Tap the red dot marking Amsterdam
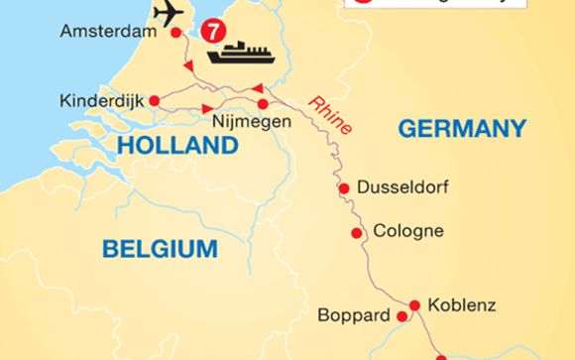(x=176, y=33)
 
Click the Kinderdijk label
(x=101, y=100)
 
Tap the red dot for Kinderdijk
(x=154, y=100)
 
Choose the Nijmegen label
(x=252, y=123)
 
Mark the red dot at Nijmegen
(x=263, y=104)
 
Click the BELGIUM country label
(x=159, y=248)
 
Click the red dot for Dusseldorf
(x=344, y=187)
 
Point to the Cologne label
(x=408, y=232)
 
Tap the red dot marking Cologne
(x=356, y=233)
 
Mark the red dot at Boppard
(x=402, y=317)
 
